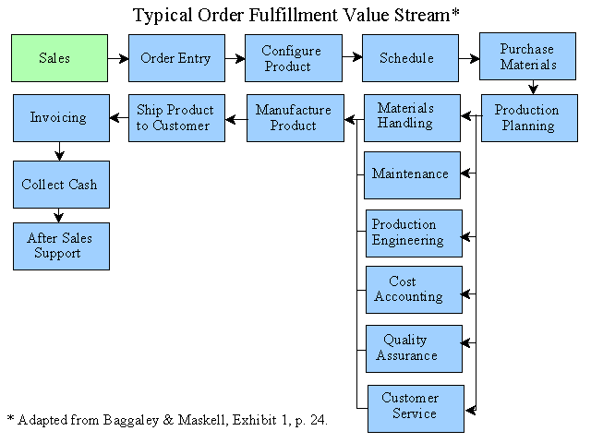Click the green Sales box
tap(59, 58)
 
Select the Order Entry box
tap(176, 58)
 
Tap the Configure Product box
tap(294, 58)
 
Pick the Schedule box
tap(410, 58)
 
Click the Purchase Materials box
tap(527, 56)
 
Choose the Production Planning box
tap(529, 118)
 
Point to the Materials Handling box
tap(413, 118)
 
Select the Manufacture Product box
tap(295, 118)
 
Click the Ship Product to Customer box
tap(176, 118)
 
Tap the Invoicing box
tap(62, 118)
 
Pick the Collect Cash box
tap(62, 185)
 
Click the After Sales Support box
tap(62, 246)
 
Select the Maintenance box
tap(413, 175)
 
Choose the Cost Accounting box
tap(415, 290)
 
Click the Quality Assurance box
tap(415, 349)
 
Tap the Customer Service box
tap(416, 409)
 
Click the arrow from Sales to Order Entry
tap(118, 58)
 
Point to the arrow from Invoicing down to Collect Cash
tap(59, 151)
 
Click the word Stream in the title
tap(422, 16)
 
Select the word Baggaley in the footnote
tap(131, 420)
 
